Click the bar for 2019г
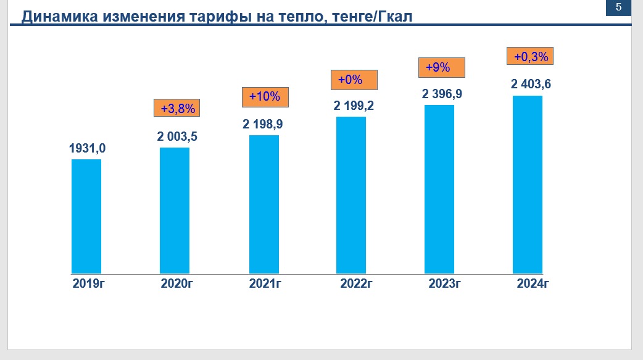tap(86, 216)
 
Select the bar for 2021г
tap(263, 204)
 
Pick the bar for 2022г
tap(351, 195)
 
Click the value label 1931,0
tap(87, 148)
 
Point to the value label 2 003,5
tap(177, 137)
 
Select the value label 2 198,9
tap(263, 125)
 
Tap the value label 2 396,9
tap(442, 94)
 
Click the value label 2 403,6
tap(531, 85)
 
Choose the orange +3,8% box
tap(178, 109)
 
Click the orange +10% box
tap(265, 97)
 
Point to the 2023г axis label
tap(445, 284)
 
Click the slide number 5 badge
tap(619, 7)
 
